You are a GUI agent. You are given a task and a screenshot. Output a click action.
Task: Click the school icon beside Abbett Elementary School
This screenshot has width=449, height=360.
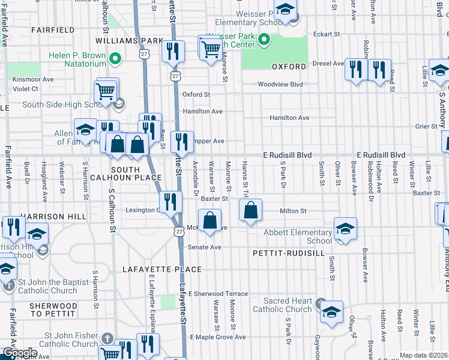[345, 229]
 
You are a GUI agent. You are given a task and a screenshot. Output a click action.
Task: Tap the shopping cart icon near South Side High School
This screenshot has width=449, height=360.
[106, 91]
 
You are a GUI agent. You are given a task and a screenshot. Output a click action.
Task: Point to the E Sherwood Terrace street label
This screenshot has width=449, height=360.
[218, 294]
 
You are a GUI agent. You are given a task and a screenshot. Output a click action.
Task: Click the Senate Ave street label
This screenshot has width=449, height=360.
[206, 247]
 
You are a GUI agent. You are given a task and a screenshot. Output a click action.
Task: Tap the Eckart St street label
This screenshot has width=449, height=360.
[327, 34]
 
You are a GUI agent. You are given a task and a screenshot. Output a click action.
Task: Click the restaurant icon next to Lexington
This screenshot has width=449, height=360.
[171, 202]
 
